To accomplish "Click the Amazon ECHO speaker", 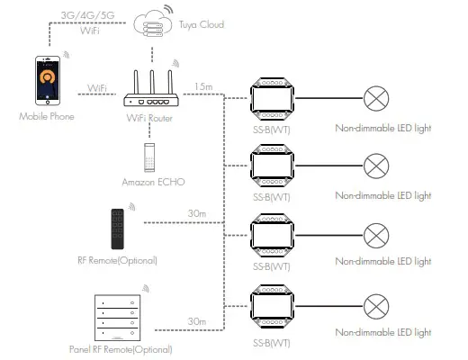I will point(149,157).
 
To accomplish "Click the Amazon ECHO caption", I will point(150,182).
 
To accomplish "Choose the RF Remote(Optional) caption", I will point(118,261).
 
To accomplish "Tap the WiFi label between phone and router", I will point(98,88).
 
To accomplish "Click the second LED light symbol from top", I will point(375,164).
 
